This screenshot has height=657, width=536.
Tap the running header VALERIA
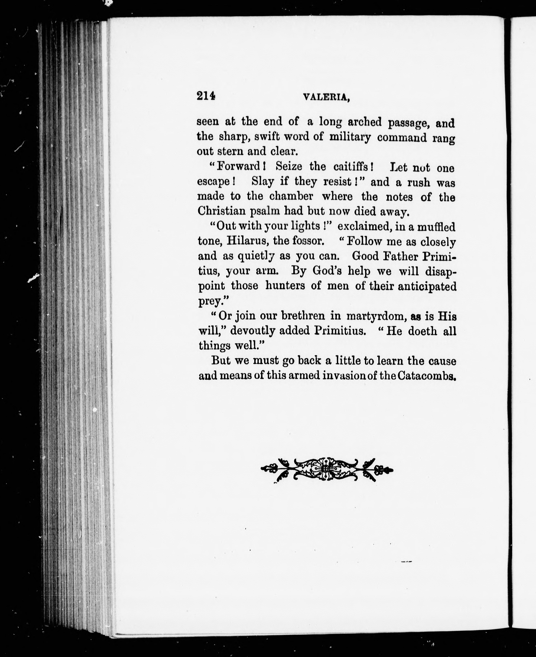click(326, 98)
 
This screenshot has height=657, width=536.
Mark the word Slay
click(262, 182)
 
